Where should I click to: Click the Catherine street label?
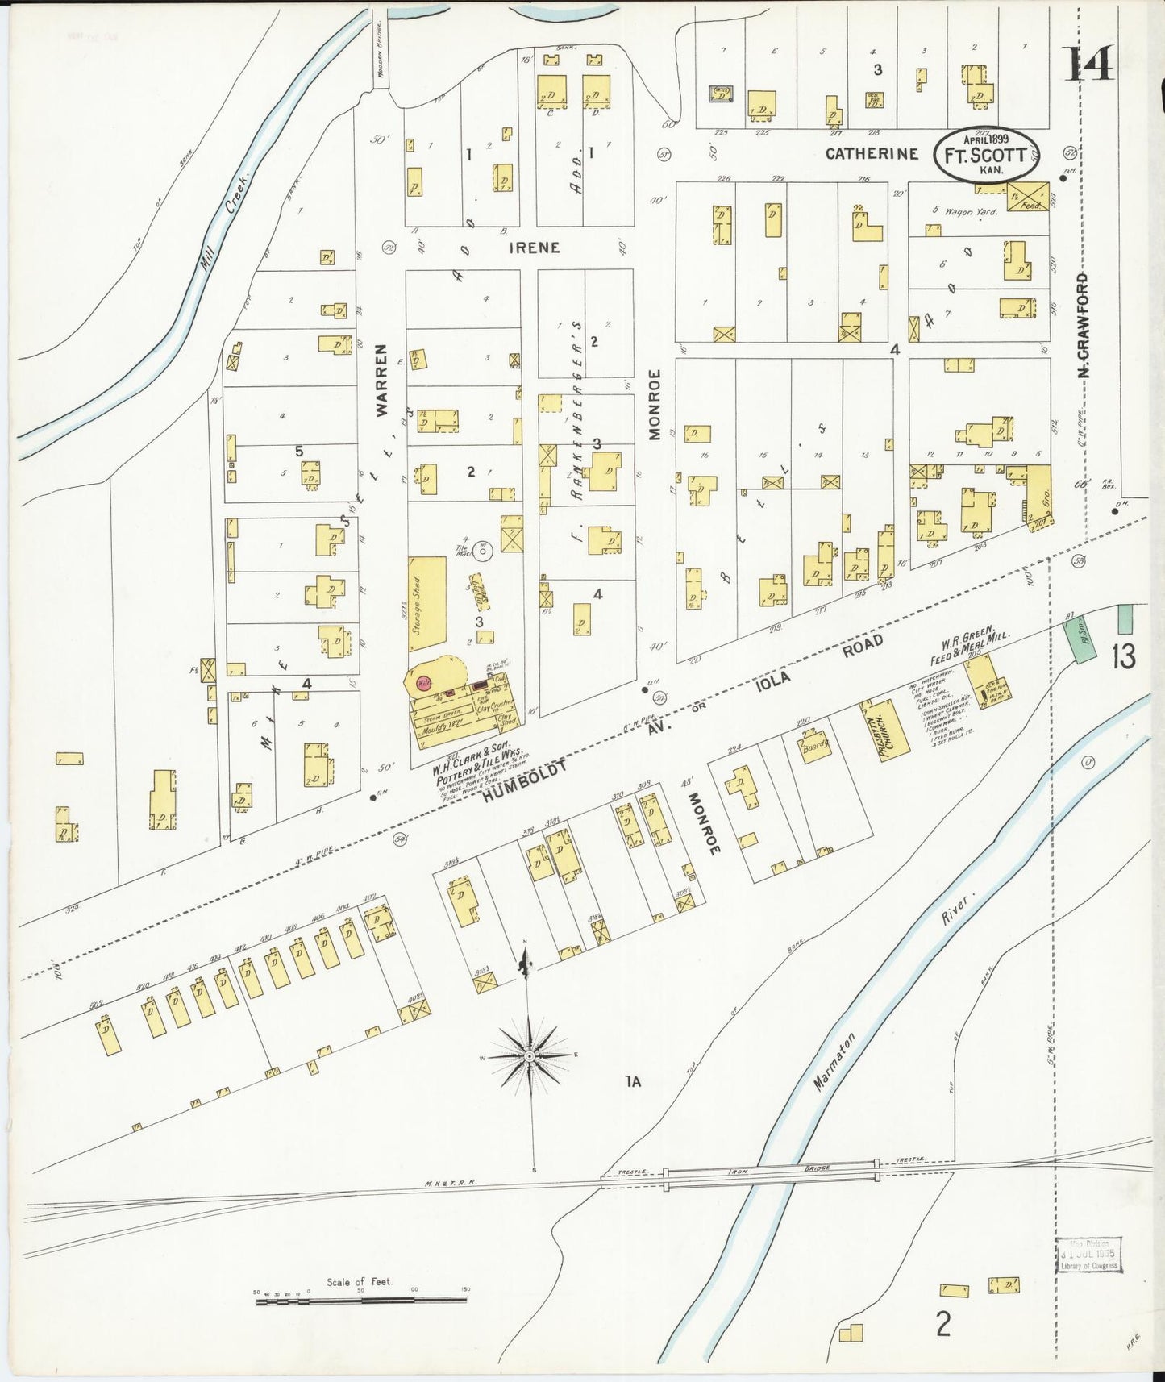coord(872,153)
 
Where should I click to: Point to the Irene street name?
coord(534,248)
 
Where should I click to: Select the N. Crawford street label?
coord(1083,326)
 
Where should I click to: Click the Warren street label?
coord(381,380)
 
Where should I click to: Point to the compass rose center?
coord(529,1056)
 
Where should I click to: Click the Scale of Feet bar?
coord(360,1301)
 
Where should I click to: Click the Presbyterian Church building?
coord(885,728)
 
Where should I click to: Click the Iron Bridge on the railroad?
coord(771,1175)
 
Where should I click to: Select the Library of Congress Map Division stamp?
coord(1088,1255)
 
